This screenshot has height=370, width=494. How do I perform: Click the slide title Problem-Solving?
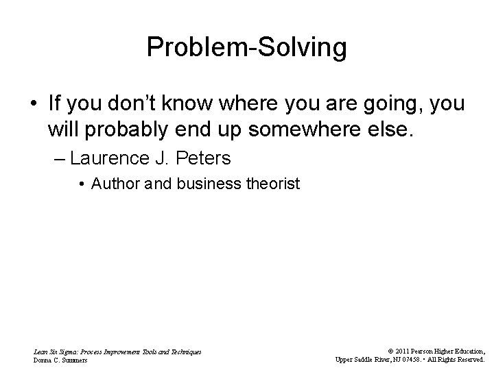point(246,48)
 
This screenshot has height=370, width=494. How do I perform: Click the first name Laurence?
point(110,159)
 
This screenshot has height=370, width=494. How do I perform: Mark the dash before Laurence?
point(59,159)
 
